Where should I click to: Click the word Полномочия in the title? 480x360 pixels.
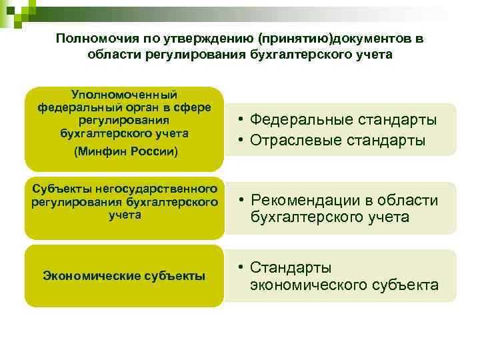click(92, 39)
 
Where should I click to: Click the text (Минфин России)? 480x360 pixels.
click(124, 151)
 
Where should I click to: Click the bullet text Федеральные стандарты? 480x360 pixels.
click(344, 120)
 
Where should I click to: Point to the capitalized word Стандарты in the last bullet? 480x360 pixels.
click(291, 268)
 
